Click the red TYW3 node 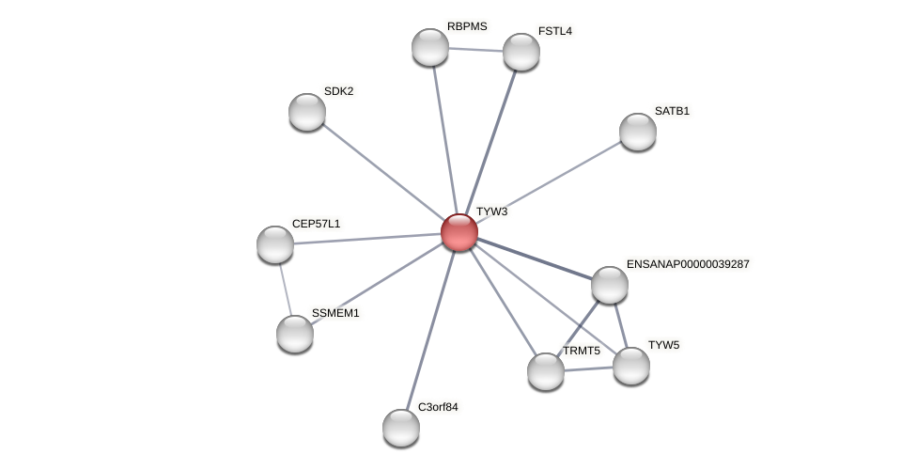point(459,232)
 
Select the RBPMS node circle point(430,47)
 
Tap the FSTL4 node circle point(521,52)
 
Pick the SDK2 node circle point(307,112)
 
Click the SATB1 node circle point(638,132)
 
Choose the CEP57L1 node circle point(275,244)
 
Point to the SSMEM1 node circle point(295,334)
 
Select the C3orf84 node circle point(401,428)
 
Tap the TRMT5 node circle point(546,371)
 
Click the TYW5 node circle point(631,366)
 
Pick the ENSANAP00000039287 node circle point(610,285)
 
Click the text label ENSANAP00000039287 point(688,264)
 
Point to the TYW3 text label point(491,212)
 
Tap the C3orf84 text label point(438,407)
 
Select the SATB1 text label point(672,111)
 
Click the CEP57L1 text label point(316,224)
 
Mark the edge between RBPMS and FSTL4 point(475,50)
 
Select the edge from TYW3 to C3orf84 point(430,330)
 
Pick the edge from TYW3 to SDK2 point(383,172)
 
